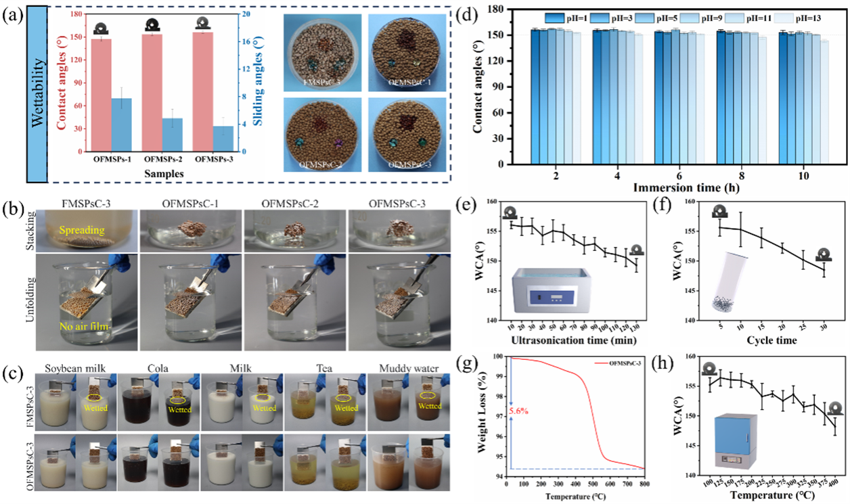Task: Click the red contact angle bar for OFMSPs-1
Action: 101,95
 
